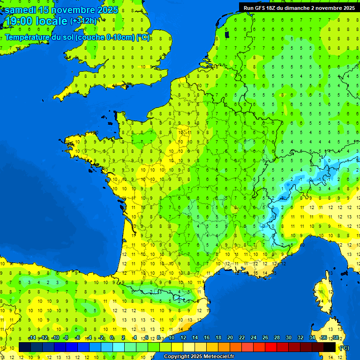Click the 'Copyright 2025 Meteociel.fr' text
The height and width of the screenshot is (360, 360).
(x=199, y=357)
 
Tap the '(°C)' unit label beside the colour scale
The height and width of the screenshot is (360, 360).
(x=344, y=348)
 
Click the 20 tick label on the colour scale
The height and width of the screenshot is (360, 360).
(x=230, y=338)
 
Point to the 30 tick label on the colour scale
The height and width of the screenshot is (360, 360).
(x=289, y=338)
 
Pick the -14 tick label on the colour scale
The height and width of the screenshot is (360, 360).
(x=32, y=338)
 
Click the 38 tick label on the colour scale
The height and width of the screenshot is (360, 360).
(x=335, y=338)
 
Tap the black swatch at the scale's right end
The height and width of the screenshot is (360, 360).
(x=330, y=347)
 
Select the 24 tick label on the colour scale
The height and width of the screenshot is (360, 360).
(x=254, y=338)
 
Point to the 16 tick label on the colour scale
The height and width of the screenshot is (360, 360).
(x=207, y=338)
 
